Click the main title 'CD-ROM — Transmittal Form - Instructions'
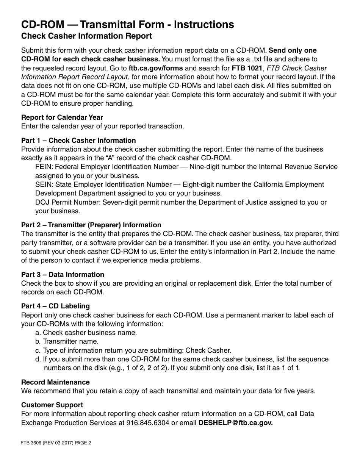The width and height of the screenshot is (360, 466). [x=127, y=25]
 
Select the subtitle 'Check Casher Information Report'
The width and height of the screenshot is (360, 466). [x=86, y=36]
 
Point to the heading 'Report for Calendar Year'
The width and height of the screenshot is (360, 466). [x=62, y=117]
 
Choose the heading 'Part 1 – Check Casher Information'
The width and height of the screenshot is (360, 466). [x=78, y=141]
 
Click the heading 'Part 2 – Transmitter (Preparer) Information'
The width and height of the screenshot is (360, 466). [x=91, y=225]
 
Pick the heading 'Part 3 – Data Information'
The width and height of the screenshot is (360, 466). [x=63, y=275]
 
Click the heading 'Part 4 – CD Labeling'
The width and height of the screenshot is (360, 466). [x=55, y=306]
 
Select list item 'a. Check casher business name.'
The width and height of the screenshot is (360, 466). [x=86, y=333]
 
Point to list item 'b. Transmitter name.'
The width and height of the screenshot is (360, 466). [x=67, y=341]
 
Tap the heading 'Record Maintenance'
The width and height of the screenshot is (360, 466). [x=55, y=382]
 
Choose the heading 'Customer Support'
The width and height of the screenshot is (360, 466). [x=52, y=405]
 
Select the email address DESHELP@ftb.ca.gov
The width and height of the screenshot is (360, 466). [x=235, y=423]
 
